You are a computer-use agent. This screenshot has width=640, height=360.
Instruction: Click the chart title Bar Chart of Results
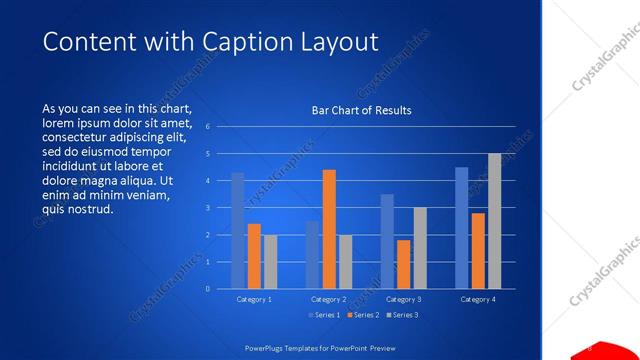(x=361, y=110)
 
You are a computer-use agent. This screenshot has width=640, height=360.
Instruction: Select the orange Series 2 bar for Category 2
(x=329, y=229)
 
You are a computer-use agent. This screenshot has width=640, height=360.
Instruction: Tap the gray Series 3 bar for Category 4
(x=494, y=221)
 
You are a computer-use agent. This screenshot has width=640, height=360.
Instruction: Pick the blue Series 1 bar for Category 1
(x=238, y=231)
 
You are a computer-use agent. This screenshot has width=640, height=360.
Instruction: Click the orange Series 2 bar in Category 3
(x=403, y=264)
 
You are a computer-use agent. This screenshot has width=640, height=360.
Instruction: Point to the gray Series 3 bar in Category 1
(x=270, y=262)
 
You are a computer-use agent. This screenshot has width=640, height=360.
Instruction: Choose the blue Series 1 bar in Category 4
(x=462, y=228)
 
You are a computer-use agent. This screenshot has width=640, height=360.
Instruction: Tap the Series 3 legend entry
(x=402, y=315)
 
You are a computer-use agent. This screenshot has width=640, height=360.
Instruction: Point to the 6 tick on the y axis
(x=208, y=127)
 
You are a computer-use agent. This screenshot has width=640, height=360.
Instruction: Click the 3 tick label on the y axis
(x=208, y=208)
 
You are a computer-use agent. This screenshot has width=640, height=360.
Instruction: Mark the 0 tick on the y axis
(x=208, y=289)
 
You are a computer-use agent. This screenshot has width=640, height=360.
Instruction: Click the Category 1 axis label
(x=254, y=299)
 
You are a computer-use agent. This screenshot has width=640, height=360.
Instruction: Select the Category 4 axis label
(x=478, y=299)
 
